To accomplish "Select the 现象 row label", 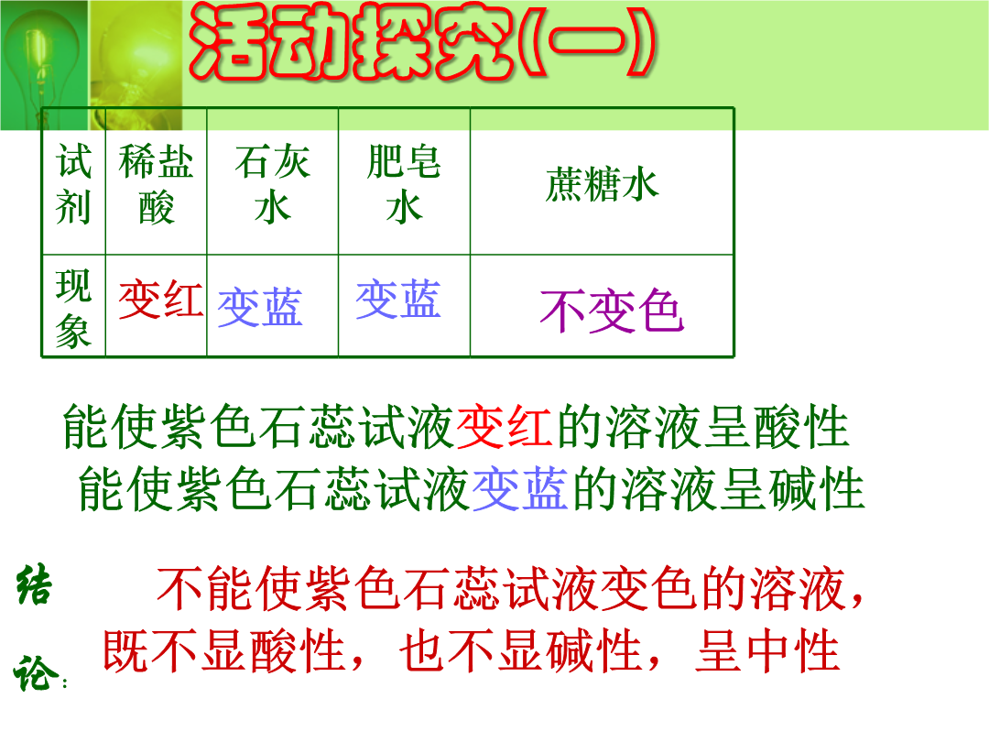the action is pos(73,307).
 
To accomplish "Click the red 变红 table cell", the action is pos(161,299).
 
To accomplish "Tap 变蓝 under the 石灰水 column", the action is pos(260,307).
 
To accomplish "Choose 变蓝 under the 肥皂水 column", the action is pos(398,299).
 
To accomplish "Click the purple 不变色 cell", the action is pos(612,311).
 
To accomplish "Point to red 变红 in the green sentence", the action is pos(505,427).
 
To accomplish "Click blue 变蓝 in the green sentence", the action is pos(520,488).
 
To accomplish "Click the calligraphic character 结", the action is pos(34,584).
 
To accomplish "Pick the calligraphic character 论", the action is pos(36,672).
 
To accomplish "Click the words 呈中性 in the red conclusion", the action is pos(767,650).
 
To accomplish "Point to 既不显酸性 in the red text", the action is pos(224,650).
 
